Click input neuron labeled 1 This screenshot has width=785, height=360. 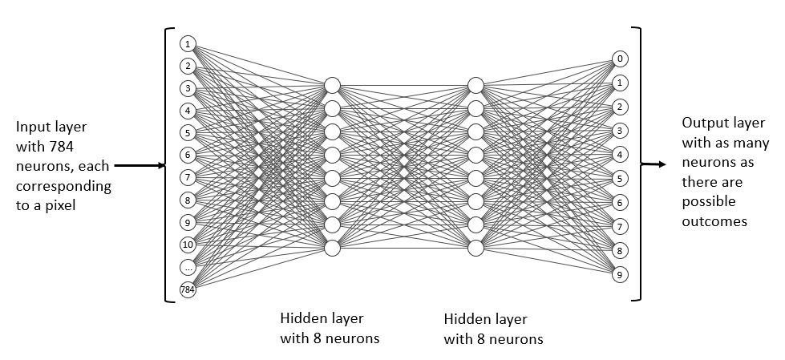pyautogui.click(x=188, y=43)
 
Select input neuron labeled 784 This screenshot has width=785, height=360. pyautogui.click(x=188, y=289)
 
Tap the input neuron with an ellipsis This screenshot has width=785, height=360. pyautogui.click(x=188, y=267)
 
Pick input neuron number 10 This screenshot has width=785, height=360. pyautogui.click(x=188, y=245)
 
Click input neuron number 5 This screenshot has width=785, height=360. pyautogui.click(x=188, y=133)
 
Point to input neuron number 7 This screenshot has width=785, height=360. pyautogui.click(x=188, y=177)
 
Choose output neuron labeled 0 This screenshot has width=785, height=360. pyautogui.click(x=620, y=59)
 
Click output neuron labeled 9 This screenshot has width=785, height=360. pyautogui.click(x=620, y=275)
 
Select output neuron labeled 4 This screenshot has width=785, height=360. pyautogui.click(x=620, y=154)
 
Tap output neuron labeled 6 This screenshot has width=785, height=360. pyautogui.click(x=620, y=202)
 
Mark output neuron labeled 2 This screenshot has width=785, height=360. pyautogui.click(x=620, y=106)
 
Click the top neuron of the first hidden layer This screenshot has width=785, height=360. pyautogui.click(x=332, y=85)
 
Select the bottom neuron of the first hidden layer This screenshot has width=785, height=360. pyautogui.click(x=332, y=248)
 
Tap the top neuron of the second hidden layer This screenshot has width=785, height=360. pyautogui.click(x=475, y=85)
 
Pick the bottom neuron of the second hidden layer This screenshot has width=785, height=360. pyautogui.click(x=475, y=248)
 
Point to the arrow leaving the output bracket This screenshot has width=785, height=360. pyautogui.click(x=653, y=165)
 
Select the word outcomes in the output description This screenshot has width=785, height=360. pyautogui.click(x=714, y=220)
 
